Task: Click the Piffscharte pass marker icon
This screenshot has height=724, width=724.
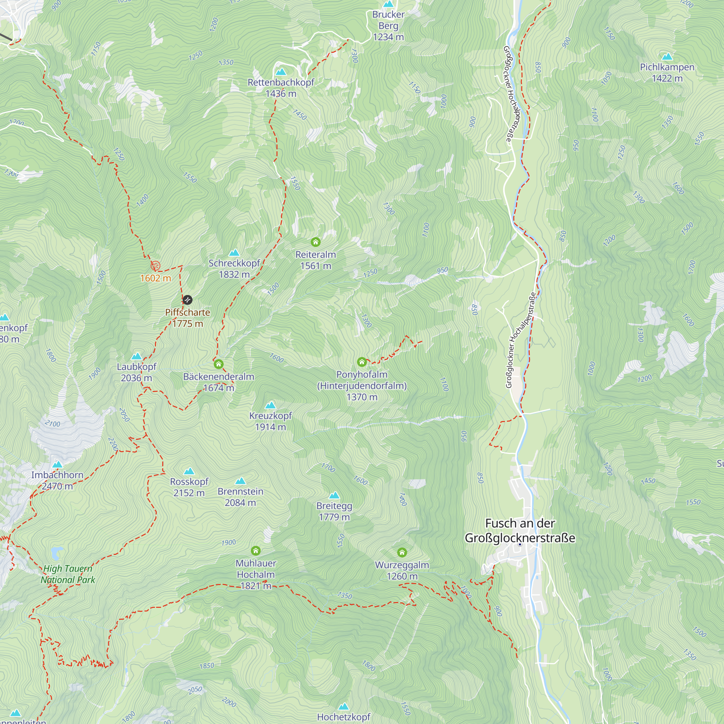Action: (x=188, y=300)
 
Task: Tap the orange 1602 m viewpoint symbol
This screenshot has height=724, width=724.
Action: (x=155, y=266)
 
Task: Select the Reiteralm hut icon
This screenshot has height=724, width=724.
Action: (x=316, y=242)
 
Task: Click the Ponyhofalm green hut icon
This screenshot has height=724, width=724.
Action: (x=362, y=362)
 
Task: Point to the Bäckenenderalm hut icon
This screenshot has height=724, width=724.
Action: (x=219, y=364)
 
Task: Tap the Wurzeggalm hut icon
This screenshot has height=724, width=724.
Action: (x=402, y=552)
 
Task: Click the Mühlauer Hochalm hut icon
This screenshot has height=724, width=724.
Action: (x=256, y=551)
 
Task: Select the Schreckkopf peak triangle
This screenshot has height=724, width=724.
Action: (x=234, y=253)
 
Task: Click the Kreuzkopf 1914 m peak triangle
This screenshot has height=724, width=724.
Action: (x=270, y=405)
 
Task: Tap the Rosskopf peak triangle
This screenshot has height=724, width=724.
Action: (x=189, y=471)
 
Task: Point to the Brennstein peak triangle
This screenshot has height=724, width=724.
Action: (x=240, y=481)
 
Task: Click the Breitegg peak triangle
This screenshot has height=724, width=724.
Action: (x=334, y=496)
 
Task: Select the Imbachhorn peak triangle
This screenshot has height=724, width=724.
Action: (x=57, y=465)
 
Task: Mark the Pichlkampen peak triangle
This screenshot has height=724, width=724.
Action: (x=667, y=57)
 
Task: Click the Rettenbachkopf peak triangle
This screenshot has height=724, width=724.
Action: (x=281, y=72)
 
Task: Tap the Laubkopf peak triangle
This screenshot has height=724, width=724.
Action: (x=136, y=356)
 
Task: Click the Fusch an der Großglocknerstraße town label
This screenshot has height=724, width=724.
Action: (x=520, y=531)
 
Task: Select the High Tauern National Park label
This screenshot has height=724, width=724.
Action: (x=68, y=574)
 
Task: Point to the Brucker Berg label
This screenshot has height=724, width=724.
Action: (x=388, y=25)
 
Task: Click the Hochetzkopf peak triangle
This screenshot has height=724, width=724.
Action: (x=344, y=707)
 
